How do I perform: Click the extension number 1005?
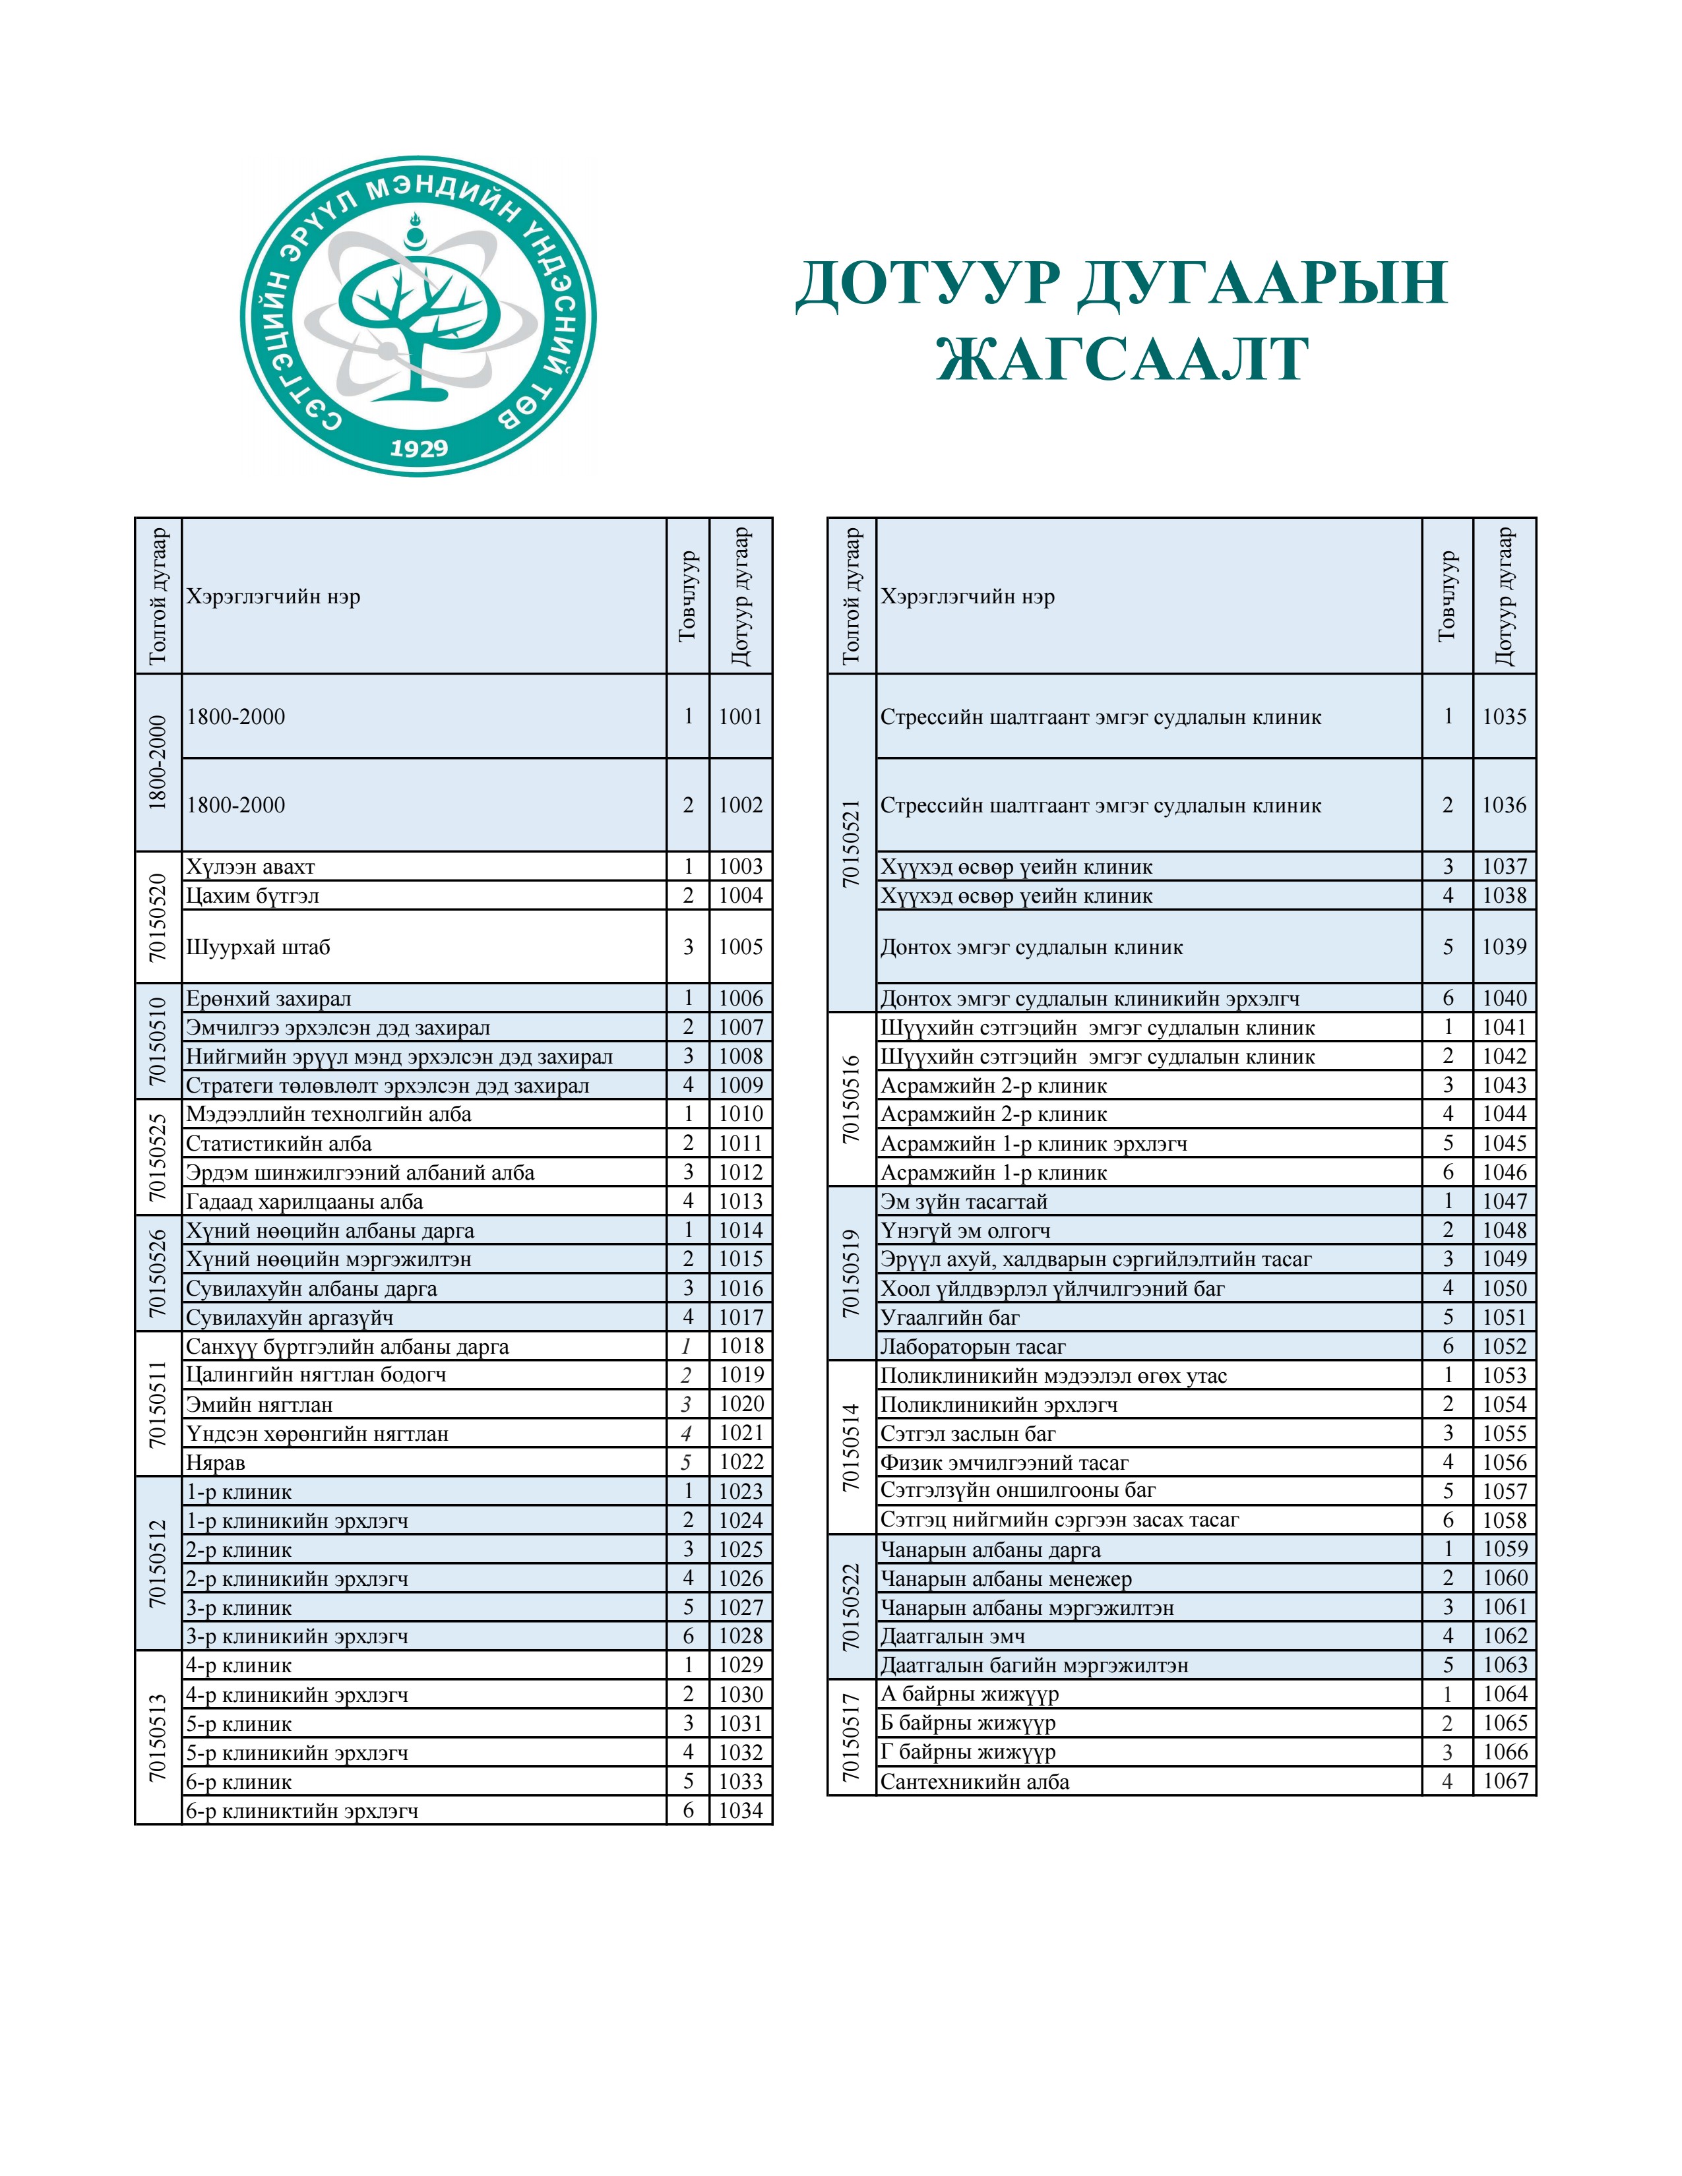point(740,946)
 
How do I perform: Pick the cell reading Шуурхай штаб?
point(258,946)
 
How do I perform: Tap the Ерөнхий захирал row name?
point(269,998)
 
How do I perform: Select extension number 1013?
point(740,1201)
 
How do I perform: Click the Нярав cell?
point(215,1463)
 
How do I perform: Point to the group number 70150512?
point(158,1563)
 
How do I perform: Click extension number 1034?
point(740,1810)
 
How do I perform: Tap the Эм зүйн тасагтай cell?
point(964,1201)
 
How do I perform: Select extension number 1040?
point(1504,998)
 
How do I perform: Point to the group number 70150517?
point(851,1737)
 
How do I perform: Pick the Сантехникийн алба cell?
point(974,1782)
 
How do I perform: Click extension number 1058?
point(1504,1521)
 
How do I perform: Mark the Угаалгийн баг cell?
point(950,1318)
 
